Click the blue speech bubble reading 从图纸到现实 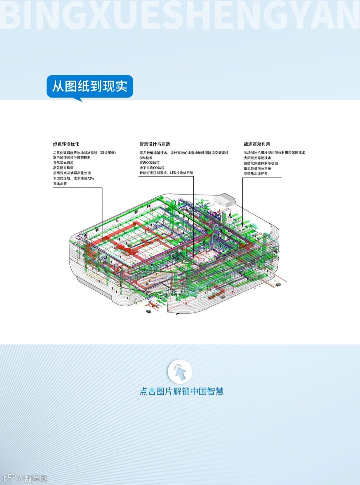point(90,87)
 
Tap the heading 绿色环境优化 point(66,144)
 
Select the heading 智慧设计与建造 point(155,144)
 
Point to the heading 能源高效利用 point(257,144)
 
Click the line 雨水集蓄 point(60,184)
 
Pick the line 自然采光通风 point(63,163)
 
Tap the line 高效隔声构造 point(63,168)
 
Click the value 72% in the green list point(90,178)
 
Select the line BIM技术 point(146,158)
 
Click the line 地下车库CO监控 point(152,168)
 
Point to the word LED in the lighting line point(174,173)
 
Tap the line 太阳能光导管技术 point(257,158)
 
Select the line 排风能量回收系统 point(257,169)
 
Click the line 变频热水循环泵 point(256,174)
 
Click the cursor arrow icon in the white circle point(180,372)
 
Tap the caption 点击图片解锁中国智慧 point(181,391)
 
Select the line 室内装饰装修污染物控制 point(72,157)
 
